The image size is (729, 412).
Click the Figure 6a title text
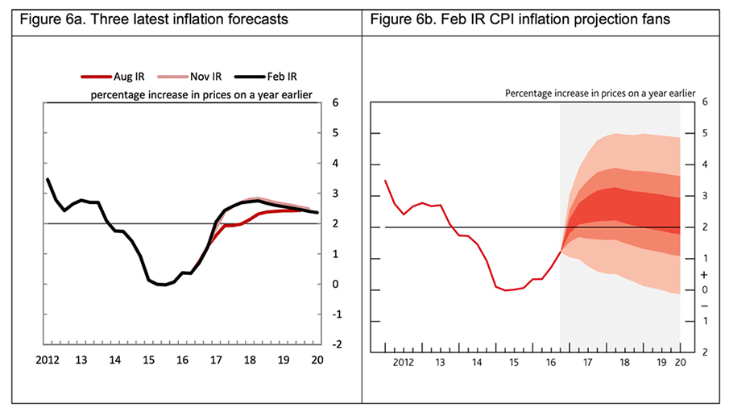coord(148,18)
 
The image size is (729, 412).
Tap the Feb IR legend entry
coord(270,77)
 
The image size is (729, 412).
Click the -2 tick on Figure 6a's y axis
coord(335,344)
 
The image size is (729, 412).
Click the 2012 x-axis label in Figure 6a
coord(48,362)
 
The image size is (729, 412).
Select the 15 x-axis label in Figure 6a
coord(150,362)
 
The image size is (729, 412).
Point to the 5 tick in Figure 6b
coord(705,134)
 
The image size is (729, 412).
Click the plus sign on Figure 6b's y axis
coord(705,274)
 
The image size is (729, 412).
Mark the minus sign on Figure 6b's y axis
coord(705,306)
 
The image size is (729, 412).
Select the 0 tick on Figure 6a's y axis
coord(333,284)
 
